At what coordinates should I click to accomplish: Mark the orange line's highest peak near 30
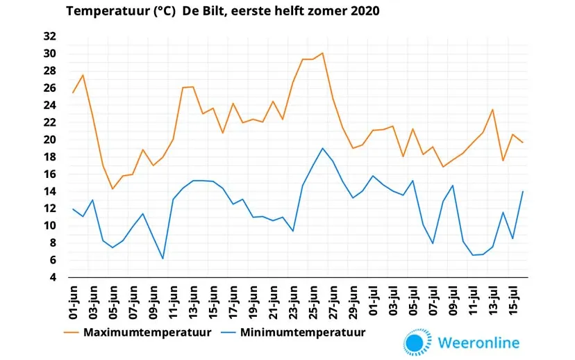pyautogui.click(x=322, y=53)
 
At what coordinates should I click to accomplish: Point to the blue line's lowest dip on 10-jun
pyautogui.click(x=163, y=259)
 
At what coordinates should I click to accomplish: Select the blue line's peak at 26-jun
pyautogui.click(x=322, y=148)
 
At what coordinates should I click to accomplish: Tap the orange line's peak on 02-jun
pyautogui.click(x=83, y=75)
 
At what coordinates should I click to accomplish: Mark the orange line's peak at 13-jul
pyautogui.click(x=492, y=110)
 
